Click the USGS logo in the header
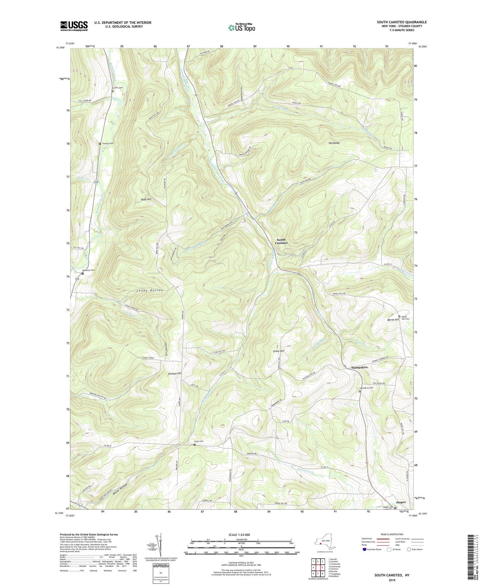[x=74, y=26]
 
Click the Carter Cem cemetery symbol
[x=112, y=91]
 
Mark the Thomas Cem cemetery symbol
[x=100, y=144]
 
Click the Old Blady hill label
[x=334, y=143]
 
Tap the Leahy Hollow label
[x=150, y=290]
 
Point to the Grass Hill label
[x=278, y=351]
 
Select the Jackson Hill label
[x=175, y=374]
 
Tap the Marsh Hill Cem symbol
[x=399, y=317]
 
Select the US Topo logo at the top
[x=241, y=28]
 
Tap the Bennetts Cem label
[x=88, y=270]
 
